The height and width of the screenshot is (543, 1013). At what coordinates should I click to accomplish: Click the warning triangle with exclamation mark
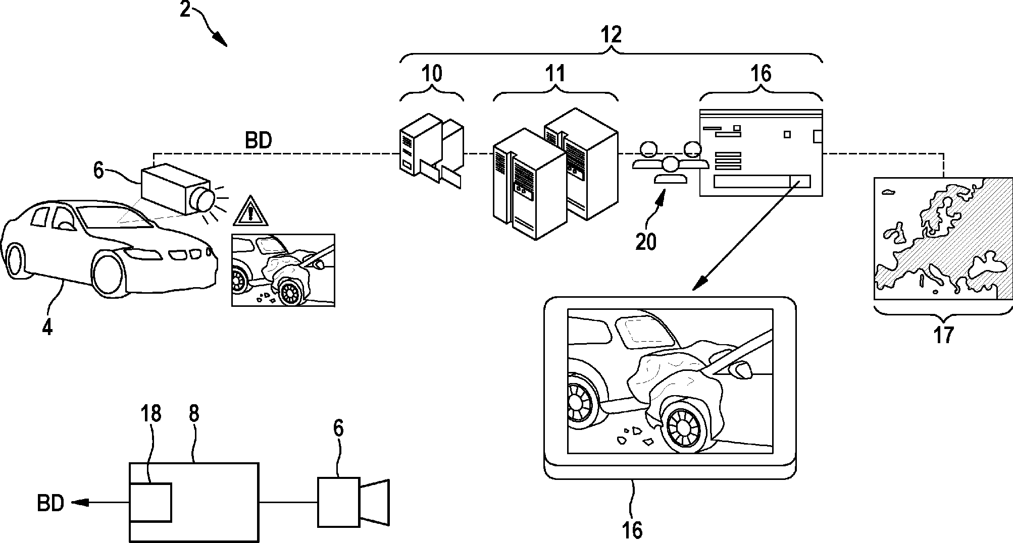pyautogui.click(x=250, y=212)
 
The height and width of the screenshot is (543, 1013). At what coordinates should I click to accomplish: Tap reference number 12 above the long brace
pyautogui.click(x=611, y=34)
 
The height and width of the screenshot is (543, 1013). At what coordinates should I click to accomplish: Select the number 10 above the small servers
pyautogui.click(x=432, y=74)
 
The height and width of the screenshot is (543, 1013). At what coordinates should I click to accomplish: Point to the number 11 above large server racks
pyautogui.click(x=555, y=74)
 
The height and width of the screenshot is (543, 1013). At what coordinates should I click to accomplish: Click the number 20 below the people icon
pyautogui.click(x=646, y=242)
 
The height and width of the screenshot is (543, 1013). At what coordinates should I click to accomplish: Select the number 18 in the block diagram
pyautogui.click(x=151, y=414)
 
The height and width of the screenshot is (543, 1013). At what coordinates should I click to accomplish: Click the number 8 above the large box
pyautogui.click(x=194, y=414)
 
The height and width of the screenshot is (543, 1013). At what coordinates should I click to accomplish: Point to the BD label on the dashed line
pyautogui.click(x=259, y=141)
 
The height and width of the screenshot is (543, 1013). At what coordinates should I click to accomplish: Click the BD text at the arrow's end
pyautogui.click(x=50, y=503)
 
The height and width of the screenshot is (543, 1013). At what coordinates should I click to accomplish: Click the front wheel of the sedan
pyautogui.click(x=108, y=273)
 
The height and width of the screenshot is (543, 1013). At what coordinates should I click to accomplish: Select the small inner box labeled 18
pyautogui.click(x=150, y=502)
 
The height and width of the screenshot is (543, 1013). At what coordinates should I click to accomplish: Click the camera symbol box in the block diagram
pyautogui.click(x=338, y=502)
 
